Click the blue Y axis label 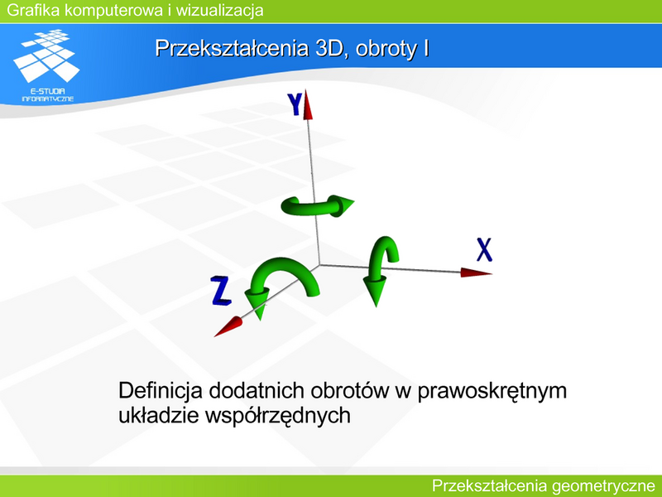tap(295, 104)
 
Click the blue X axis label tap(484, 250)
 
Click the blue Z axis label tap(221, 291)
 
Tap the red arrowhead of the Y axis tap(308, 105)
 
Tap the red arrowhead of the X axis tap(476, 273)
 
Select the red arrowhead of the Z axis tap(228, 326)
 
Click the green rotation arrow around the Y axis tap(317, 206)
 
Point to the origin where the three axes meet tap(319, 265)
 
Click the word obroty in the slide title tap(386, 49)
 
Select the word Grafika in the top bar tap(33, 10)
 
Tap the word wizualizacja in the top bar tap(219, 10)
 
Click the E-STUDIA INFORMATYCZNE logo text tap(48, 95)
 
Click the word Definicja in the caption tap(161, 391)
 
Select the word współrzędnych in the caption tap(278, 416)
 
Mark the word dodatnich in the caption tap(257, 391)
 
